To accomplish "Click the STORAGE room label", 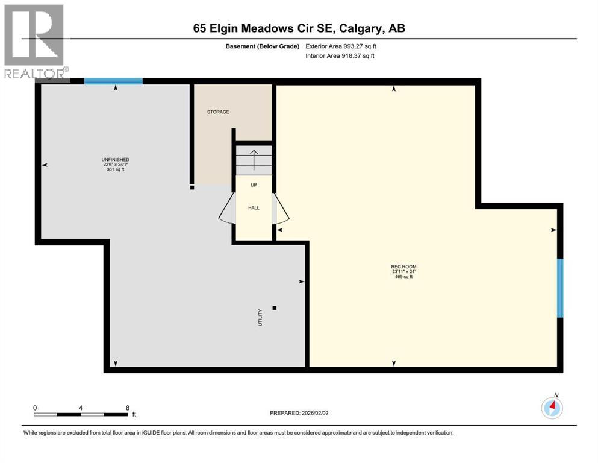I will [x=218, y=112].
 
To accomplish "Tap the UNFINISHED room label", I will [x=116, y=159].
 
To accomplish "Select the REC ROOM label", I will [x=403, y=266].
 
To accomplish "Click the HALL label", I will [x=254, y=207].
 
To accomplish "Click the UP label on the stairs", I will [x=254, y=185].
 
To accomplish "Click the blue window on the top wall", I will [x=113, y=81].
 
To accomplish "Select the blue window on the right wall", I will [x=559, y=288].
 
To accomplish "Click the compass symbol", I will [x=552, y=408].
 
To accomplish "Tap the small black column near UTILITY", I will [x=275, y=308].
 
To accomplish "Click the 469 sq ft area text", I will [x=403, y=277].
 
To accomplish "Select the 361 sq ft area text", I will [x=116, y=169].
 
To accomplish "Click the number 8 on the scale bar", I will [x=128, y=408].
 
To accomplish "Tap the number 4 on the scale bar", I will [x=81, y=408].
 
